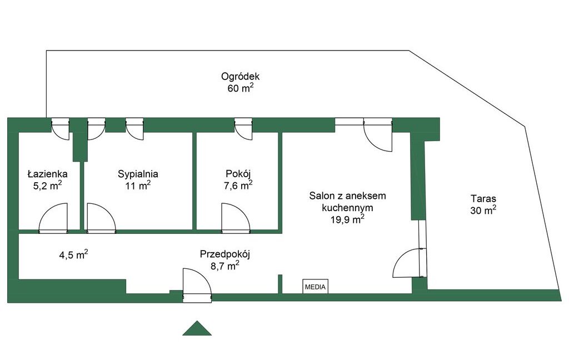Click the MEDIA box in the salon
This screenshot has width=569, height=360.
click(x=316, y=287)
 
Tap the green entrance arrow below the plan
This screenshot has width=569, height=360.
click(x=197, y=328)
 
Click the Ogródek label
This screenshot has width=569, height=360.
click(x=241, y=77)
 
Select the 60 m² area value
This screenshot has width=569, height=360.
click(x=241, y=88)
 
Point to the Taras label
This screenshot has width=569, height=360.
click(x=483, y=198)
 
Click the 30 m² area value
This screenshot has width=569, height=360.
click(x=483, y=210)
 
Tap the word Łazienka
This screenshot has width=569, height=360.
click(x=48, y=174)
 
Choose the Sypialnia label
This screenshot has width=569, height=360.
click(x=138, y=174)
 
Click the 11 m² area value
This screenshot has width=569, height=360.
click(x=138, y=186)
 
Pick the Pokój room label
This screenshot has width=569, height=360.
click(x=238, y=174)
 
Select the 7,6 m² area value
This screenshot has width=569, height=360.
click(x=238, y=186)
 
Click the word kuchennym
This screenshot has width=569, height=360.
click(x=348, y=208)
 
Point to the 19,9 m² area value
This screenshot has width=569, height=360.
click(x=348, y=219)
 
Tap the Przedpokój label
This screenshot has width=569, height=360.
click(x=225, y=254)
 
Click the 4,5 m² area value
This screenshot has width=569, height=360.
click(x=74, y=255)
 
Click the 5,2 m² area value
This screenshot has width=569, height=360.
click(x=48, y=186)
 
